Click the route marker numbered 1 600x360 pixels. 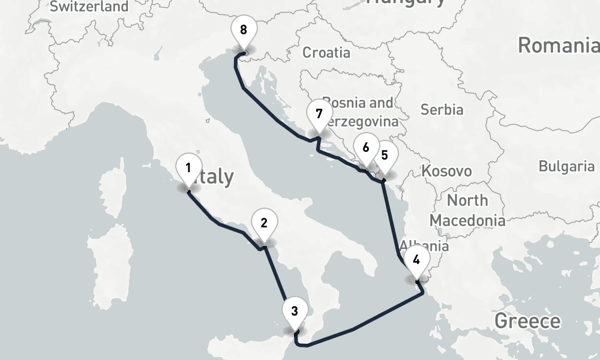click(x=188, y=169)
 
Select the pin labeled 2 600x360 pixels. click(x=263, y=223)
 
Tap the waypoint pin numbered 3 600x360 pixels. click(x=294, y=311)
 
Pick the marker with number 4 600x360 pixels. click(x=416, y=261)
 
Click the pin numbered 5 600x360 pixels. click(x=385, y=155)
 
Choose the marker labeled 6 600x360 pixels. click(x=365, y=148)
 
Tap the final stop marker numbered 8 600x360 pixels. click(x=242, y=30)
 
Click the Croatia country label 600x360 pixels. click(x=326, y=53)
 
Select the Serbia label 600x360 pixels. click(x=442, y=110)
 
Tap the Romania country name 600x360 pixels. click(x=558, y=46)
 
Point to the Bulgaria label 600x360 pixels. click(x=566, y=166)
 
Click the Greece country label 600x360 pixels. click(x=527, y=321)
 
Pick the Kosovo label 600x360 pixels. click(x=446, y=171)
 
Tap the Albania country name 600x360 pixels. click(x=424, y=245)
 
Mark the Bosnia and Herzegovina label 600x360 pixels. click(x=359, y=112)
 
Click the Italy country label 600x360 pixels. click(x=216, y=177)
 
